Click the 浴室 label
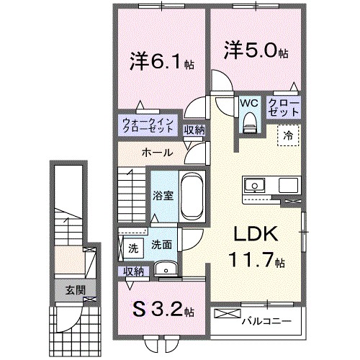pos(162,195)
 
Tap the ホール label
pos(156,153)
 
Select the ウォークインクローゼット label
pos(146,125)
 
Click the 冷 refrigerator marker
pos(288,135)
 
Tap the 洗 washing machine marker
pos(132,248)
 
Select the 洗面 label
pos(161,245)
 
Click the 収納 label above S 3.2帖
pos(133,271)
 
